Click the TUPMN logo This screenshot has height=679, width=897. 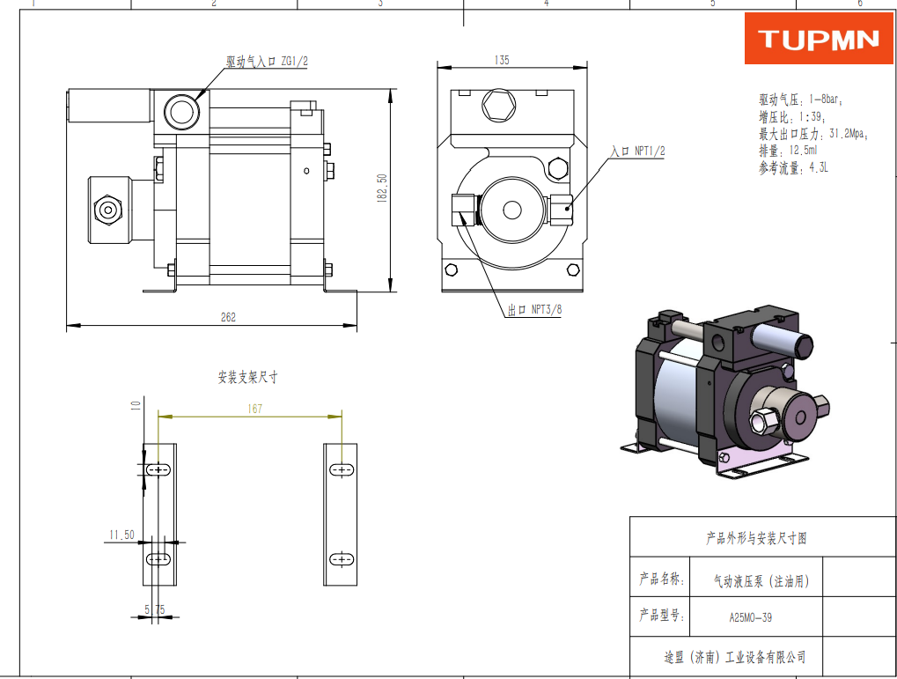[x=819, y=39]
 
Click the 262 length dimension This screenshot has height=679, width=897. [x=228, y=318]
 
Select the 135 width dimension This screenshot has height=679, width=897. [x=502, y=61]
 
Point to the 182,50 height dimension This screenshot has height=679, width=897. [x=382, y=188]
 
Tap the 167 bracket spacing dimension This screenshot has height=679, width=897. [x=254, y=409]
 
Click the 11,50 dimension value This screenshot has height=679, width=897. [x=121, y=535]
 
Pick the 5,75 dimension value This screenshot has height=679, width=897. [x=154, y=609]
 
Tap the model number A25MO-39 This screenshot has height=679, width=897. [x=750, y=617]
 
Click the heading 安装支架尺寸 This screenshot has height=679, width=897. [x=248, y=377]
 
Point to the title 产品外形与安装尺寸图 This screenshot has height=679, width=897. [x=756, y=538]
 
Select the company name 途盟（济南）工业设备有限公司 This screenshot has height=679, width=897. [x=735, y=657]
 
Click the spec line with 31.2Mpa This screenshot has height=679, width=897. [x=812, y=134]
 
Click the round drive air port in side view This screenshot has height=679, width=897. [x=182, y=111]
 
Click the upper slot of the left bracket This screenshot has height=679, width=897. [x=158, y=470]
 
